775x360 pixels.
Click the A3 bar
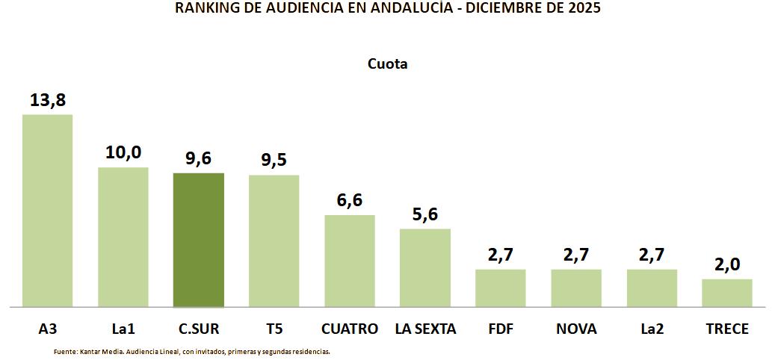pyautogui.click(x=47, y=211)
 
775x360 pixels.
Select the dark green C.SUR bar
pyautogui.click(x=199, y=240)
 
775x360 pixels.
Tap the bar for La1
pyautogui.click(x=123, y=237)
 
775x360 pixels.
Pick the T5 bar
pyautogui.click(x=274, y=240)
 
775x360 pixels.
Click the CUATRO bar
pyautogui.click(x=350, y=261)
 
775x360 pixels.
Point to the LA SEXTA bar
pyautogui.click(x=425, y=267)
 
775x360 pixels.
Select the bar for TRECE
pyautogui.click(x=727, y=293)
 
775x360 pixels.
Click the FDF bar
pyautogui.click(x=501, y=288)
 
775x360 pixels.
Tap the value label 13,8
pyautogui.click(x=48, y=100)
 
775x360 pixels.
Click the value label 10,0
pyautogui.click(x=123, y=152)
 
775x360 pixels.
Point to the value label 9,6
pyautogui.click(x=199, y=158)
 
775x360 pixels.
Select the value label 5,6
pyautogui.click(x=425, y=214)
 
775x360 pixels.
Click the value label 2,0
pyautogui.click(x=727, y=264)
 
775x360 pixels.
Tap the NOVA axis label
pyautogui.click(x=576, y=329)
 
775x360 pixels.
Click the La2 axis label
pyautogui.click(x=652, y=329)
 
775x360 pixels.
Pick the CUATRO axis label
pyautogui.click(x=350, y=329)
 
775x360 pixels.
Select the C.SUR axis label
pyautogui.click(x=199, y=329)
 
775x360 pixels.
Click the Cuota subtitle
pyautogui.click(x=387, y=63)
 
